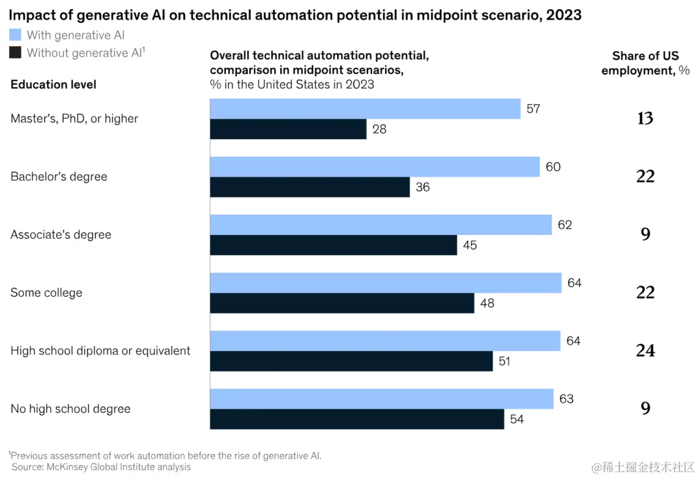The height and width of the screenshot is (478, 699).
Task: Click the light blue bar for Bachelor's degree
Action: pos(375,167)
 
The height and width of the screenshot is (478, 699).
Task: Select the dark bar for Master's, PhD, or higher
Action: pos(288,129)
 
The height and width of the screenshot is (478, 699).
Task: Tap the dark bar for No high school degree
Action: pos(357,419)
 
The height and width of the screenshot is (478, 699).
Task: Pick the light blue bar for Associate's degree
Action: pos(381,225)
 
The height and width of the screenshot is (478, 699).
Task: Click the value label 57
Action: pos(533,109)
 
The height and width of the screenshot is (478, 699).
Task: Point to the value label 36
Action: pos(423,188)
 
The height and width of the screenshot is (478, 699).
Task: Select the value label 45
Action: pos(470,245)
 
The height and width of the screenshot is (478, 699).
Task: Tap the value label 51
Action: pos(505,361)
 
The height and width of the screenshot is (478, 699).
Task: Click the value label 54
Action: pos(516,419)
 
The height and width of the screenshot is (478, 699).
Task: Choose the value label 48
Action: pos(487,303)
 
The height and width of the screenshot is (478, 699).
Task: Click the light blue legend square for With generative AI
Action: pos(15,35)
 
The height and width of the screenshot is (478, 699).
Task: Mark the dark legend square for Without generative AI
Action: pos(15,52)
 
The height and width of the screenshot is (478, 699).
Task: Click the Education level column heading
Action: pos(54,85)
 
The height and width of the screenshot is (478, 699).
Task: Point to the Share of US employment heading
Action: pos(645,63)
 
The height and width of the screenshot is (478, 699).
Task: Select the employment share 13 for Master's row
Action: pos(645,119)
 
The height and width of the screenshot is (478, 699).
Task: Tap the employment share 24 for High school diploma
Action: pos(645,350)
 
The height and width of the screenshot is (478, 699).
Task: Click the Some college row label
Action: pos(47,293)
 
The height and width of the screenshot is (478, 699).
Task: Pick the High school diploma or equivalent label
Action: pos(100,351)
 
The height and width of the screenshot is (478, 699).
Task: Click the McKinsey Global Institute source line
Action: pos(102,466)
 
